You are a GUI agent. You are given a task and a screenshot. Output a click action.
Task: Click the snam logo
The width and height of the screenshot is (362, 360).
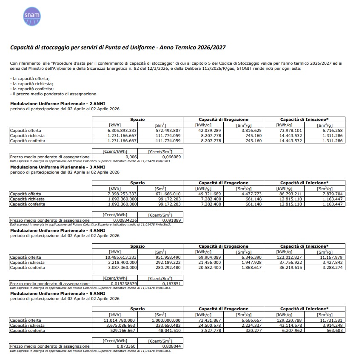(32, 16)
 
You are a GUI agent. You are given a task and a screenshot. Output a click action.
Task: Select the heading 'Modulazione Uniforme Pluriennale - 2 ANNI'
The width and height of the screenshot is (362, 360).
(57, 104)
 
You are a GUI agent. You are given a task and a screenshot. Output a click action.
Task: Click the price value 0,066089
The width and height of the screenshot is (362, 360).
(172, 157)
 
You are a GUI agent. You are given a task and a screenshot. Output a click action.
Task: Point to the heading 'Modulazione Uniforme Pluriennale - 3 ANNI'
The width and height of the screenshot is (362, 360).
(57, 167)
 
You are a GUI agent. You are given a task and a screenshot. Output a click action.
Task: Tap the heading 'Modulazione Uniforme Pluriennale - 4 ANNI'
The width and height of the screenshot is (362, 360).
(57, 231)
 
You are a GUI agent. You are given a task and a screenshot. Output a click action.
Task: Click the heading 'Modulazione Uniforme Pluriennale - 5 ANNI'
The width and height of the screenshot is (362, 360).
(57, 294)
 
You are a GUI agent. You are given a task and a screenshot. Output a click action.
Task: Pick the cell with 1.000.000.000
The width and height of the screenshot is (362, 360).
(166, 320)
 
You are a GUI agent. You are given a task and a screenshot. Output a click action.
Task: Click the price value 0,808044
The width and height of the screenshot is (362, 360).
(172, 346)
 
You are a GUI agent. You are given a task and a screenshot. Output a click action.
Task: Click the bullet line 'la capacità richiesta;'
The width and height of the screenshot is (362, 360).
(31, 84)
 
